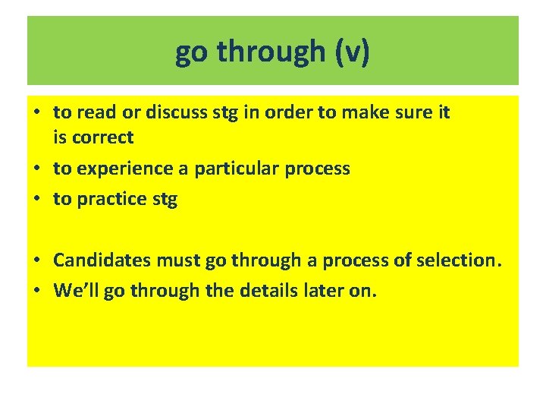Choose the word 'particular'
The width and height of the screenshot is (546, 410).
(237, 169)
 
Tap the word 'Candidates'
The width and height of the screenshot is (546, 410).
(103, 260)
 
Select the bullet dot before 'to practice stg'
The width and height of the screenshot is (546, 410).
(37, 200)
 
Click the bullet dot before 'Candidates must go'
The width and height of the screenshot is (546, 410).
(37, 260)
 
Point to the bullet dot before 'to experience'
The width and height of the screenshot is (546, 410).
(37, 169)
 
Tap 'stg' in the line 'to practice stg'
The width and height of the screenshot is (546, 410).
(164, 200)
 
